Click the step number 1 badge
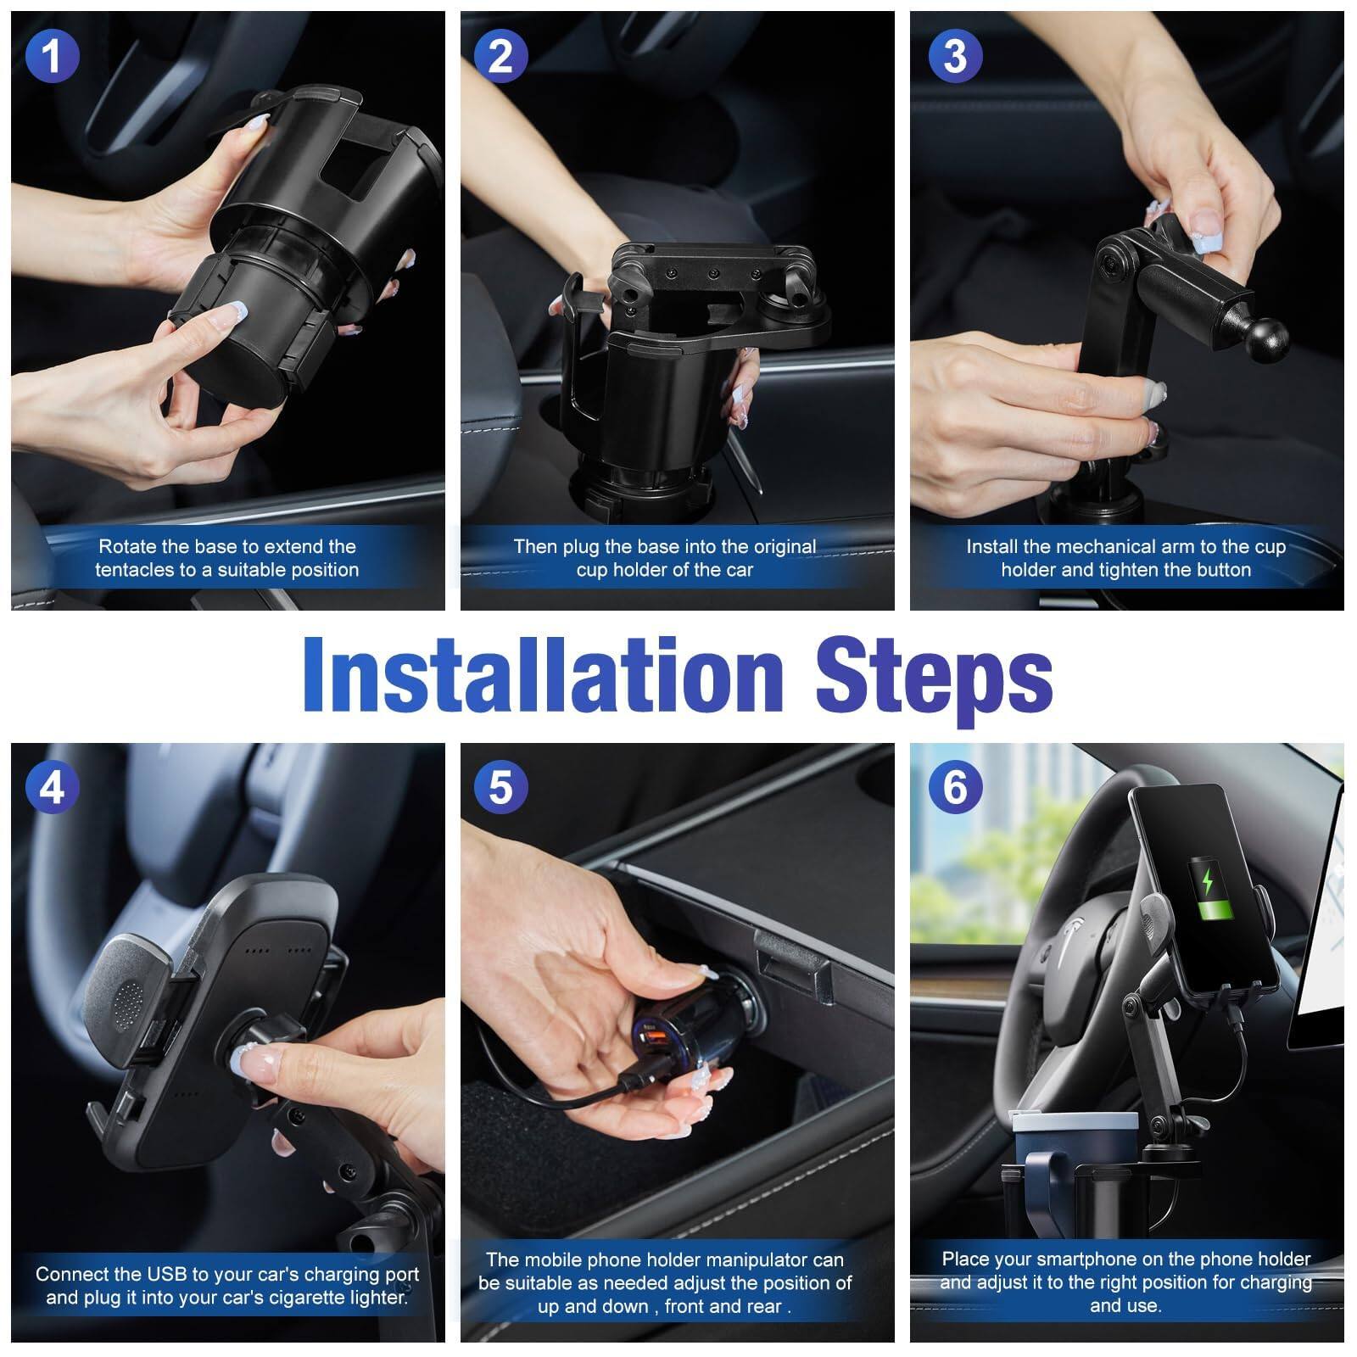(52, 56)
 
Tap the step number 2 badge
(500, 56)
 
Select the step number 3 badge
(955, 56)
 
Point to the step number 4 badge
(52, 788)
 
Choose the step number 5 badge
(500, 788)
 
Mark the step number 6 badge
(955, 788)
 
